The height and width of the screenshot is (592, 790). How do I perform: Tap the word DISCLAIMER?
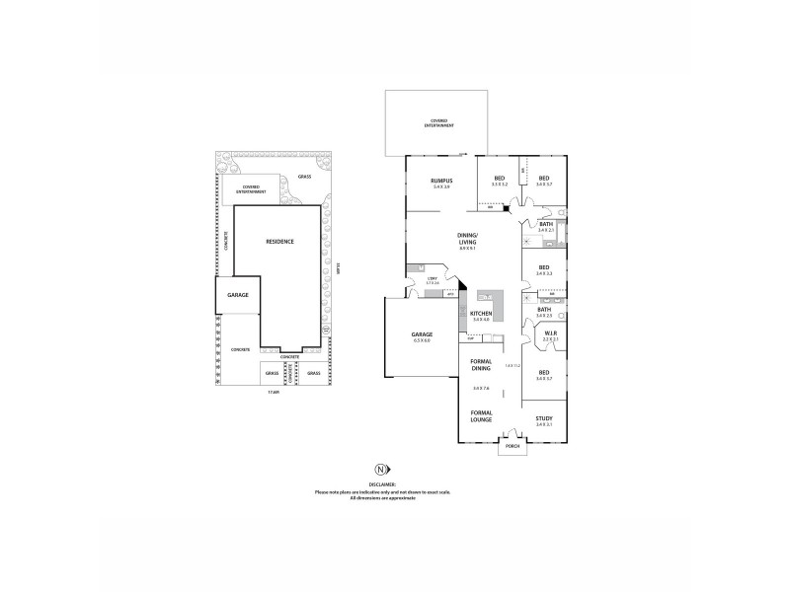point(382,484)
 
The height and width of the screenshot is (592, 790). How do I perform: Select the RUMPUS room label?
point(440,181)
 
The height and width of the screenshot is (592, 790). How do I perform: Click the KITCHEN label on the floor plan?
point(481,314)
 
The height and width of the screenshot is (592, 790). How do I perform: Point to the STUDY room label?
point(544,418)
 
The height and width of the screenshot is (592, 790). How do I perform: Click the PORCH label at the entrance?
point(512,445)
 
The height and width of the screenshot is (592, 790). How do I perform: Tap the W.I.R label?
point(550,334)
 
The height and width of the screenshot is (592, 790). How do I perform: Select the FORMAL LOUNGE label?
point(481,415)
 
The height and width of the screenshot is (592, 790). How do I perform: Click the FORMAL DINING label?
point(481,365)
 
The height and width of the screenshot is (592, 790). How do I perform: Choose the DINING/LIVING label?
point(467,238)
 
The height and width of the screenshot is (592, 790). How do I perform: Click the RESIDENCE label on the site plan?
point(278,241)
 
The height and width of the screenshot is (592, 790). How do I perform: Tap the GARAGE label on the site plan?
point(237,295)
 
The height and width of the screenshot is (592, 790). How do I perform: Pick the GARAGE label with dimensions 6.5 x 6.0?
point(422,335)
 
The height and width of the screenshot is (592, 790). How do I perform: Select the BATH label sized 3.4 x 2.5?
point(544,310)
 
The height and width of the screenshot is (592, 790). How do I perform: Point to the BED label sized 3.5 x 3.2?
point(500,180)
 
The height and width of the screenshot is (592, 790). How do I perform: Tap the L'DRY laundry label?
point(433,280)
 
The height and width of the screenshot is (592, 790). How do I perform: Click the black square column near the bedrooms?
point(507,208)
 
